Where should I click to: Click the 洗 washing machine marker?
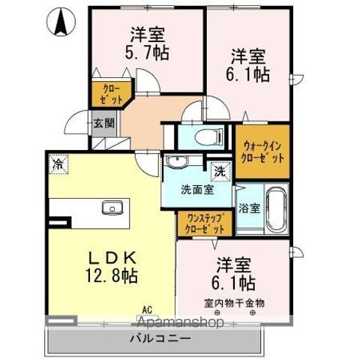(x=220, y=172)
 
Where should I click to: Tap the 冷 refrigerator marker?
(x=58, y=162)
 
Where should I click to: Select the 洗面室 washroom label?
(x=196, y=190)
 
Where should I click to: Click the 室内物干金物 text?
(x=233, y=303)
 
